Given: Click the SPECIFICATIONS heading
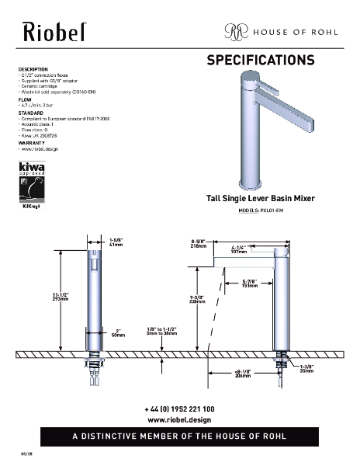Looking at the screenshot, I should [260, 60].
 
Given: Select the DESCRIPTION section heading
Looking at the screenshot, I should [33, 69].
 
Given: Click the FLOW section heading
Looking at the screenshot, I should [25, 99].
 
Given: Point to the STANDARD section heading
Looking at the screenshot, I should [31, 113].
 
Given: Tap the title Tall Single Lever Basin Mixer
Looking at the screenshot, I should [261, 199].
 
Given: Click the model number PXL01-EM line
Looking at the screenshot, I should [261, 211].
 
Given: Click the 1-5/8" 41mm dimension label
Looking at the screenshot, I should [118, 243].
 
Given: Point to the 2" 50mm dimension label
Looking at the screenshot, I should [119, 332].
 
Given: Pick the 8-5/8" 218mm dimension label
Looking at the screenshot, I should [199, 243].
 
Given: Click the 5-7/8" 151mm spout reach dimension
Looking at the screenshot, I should [250, 283].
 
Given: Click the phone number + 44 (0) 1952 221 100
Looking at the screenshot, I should [179, 409].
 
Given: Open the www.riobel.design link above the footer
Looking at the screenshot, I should [179, 419].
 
